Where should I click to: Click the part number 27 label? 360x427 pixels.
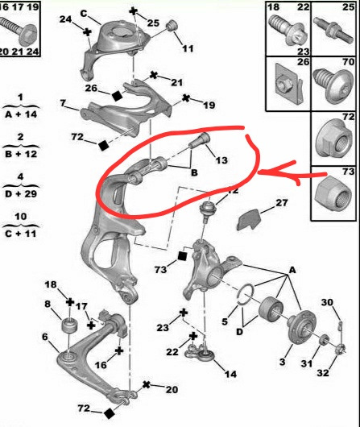click(x=282, y=202)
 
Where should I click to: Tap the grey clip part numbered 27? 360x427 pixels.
click(x=249, y=220)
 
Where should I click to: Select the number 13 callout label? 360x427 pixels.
click(x=221, y=160)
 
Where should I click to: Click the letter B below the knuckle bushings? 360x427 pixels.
click(x=194, y=172)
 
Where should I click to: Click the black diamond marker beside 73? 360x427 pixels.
click(x=182, y=256)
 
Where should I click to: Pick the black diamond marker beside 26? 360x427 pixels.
click(x=117, y=96)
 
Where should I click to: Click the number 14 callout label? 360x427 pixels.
click(x=230, y=374)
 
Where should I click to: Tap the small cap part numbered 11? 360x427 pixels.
click(x=172, y=25)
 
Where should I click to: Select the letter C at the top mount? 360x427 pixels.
click(x=84, y=14)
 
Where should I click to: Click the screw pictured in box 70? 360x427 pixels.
click(x=333, y=85)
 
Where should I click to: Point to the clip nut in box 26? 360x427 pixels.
click(x=289, y=83)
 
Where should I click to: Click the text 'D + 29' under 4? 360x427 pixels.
click(x=21, y=194)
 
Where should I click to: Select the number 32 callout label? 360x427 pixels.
click(x=323, y=372)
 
